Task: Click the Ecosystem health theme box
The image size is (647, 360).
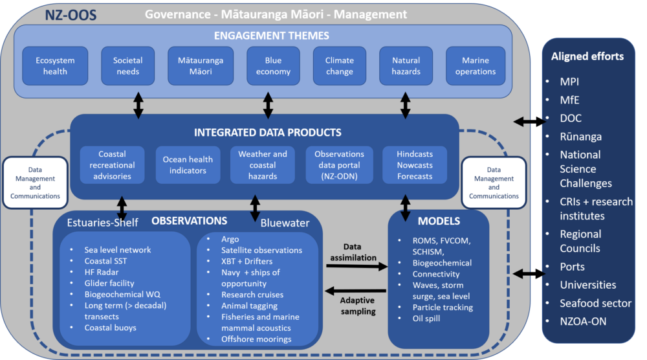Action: [x=55, y=66]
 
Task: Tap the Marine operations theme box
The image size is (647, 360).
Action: [x=475, y=66]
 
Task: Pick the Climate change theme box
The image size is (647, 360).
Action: [x=339, y=66]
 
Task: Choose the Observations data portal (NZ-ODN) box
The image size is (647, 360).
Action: [x=339, y=165]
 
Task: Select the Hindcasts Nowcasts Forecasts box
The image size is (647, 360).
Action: [x=415, y=165]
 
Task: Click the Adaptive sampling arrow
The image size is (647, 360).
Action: [x=358, y=291]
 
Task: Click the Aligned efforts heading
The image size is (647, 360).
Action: [x=587, y=56]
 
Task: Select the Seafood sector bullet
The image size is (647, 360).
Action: [x=596, y=303]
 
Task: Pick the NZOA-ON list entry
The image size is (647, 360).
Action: [x=583, y=321]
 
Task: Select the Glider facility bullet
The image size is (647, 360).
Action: [x=109, y=283]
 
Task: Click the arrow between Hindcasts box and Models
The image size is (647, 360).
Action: [x=406, y=207]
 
